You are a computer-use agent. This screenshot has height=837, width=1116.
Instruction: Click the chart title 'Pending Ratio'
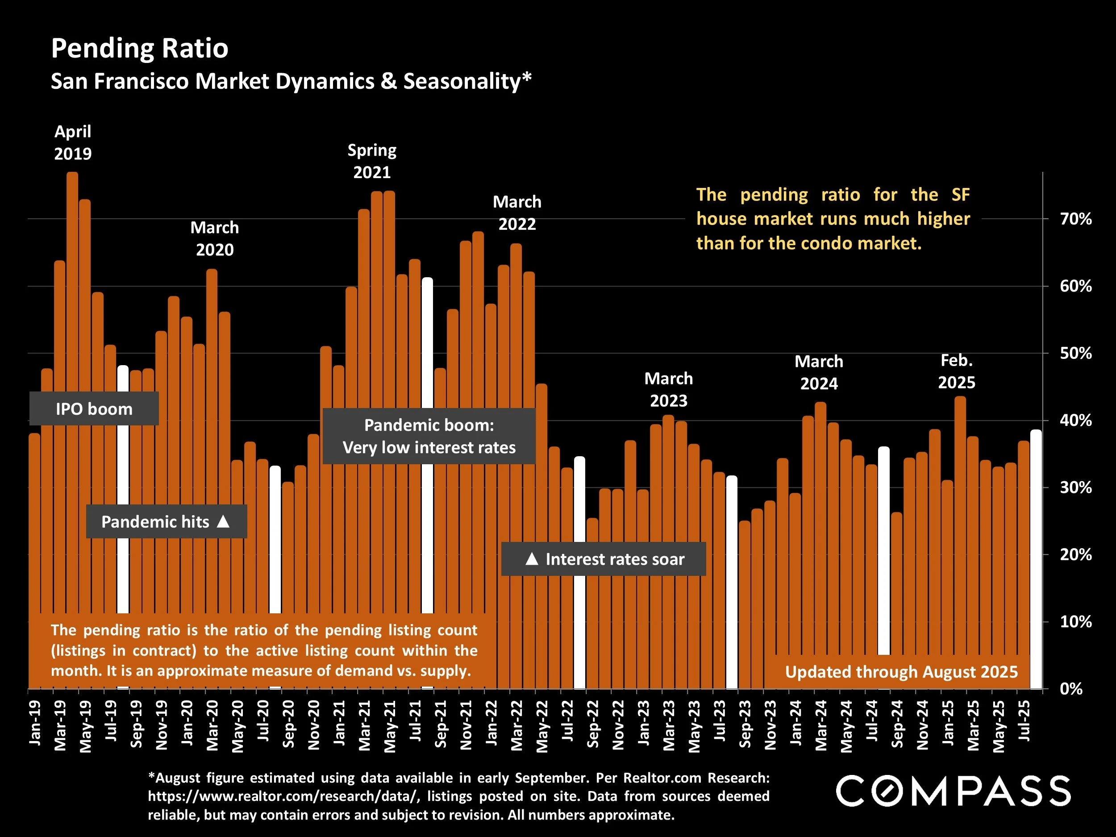point(140,48)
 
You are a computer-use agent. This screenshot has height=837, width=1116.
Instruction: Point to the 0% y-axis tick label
point(1070,689)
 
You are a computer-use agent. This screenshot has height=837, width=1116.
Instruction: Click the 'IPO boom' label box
point(94,408)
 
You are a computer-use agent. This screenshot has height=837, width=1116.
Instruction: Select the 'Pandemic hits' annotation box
point(166,521)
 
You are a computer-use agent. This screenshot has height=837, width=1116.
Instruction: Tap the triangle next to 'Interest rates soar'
point(531,558)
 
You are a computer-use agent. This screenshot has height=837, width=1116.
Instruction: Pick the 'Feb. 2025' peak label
point(956,371)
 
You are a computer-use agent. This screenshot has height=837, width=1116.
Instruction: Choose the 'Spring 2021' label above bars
point(372,162)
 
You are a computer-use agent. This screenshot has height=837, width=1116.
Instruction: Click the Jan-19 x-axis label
point(35,723)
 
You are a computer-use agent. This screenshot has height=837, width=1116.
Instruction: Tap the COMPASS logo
point(953,791)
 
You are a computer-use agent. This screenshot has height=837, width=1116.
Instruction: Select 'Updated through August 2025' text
point(901,671)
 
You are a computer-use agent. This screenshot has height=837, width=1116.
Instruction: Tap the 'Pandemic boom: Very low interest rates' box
point(429,436)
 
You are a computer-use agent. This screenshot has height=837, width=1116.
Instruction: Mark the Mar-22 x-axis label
point(516,725)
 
